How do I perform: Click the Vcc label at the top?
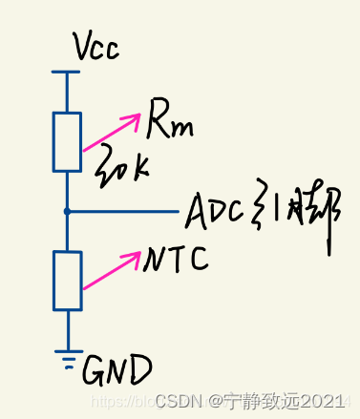pyautogui.click(x=95, y=47)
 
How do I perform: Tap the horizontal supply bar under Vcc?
pyautogui.click(x=67, y=72)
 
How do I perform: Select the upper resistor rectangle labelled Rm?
pyautogui.click(x=67, y=140)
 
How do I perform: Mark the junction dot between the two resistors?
pyautogui.click(x=67, y=210)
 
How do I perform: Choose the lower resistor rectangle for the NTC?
pyautogui.click(x=67, y=281)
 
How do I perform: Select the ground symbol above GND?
pyautogui.click(x=67, y=355)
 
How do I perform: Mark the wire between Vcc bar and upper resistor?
pyautogui.click(x=67, y=92)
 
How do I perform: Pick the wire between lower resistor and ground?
pyautogui.click(x=67, y=329)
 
